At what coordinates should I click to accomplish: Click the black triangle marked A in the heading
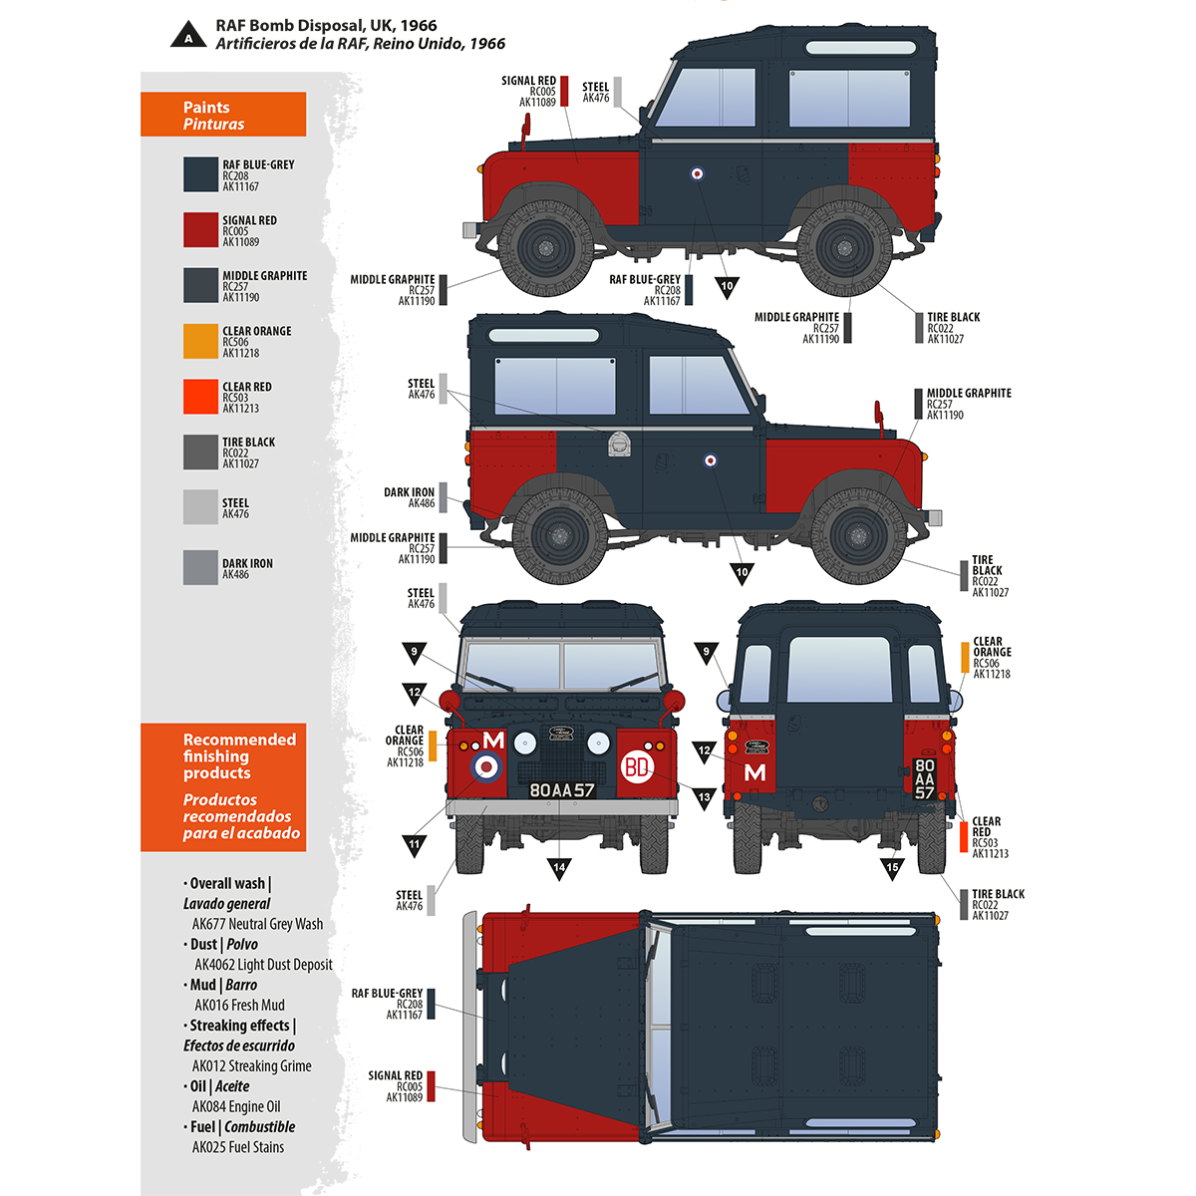click(x=186, y=38)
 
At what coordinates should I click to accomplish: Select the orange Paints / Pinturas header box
click(x=223, y=115)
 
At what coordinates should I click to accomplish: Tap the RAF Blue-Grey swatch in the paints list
click(x=200, y=174)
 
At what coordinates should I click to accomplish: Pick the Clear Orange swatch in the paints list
click(x=200, y=341)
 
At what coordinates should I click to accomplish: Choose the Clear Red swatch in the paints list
click(x=200, y=397)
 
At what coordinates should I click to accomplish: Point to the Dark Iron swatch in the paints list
click(x=200, y=567)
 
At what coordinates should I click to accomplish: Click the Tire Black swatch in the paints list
click(x=200, y=451)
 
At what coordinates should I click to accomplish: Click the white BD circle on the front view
click(x=636, y=766)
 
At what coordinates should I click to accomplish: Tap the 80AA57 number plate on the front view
click(x=561, y=789)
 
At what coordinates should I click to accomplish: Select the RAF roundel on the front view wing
click(x=485, y=765)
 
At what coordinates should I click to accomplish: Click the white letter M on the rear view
click(x=755, y=772)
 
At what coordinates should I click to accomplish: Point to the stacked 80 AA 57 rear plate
click(x=925, y=779)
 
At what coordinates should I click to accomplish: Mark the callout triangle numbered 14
click(x=559, y=869)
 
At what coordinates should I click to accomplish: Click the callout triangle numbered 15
click(x=892, y=868)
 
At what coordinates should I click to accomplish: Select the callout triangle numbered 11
click(x=415, y=845)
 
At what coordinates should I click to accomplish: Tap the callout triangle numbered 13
click(x=705, y=798)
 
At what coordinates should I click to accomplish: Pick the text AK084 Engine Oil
click(x=236, y=1106)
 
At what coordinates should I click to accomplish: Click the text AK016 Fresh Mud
click(x=239, y=1005)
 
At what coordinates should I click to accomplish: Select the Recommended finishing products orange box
click(x=223, y=787)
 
